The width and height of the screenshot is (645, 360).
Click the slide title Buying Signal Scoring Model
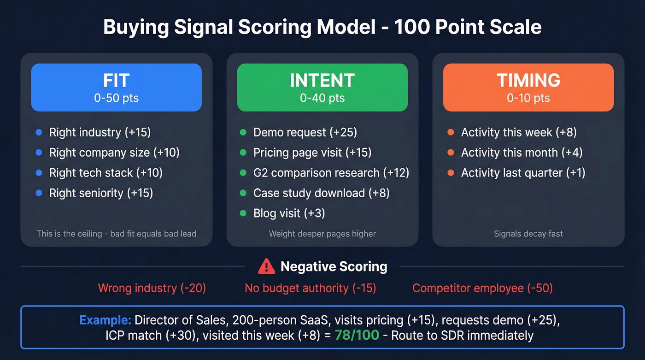point(322,27)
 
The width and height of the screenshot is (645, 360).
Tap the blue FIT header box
point(116,88)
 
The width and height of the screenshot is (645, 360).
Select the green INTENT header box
point(322,88)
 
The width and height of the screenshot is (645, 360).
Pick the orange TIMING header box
point(528,88)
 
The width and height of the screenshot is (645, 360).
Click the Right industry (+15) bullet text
point(100,132)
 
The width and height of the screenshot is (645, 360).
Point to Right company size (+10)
point(114,153)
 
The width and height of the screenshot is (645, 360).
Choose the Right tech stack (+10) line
point(106,173)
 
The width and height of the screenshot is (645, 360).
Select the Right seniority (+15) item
point(101,193)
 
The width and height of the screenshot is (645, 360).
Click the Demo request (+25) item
point(305,132)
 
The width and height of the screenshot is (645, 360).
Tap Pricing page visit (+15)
point(312,153)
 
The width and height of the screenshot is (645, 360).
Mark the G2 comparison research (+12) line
point(331,173)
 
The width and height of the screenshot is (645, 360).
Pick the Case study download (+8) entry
point(321,193)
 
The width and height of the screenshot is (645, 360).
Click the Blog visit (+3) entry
point(289,213)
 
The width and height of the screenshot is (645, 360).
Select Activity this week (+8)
point(519,132)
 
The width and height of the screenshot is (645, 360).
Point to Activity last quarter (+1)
point(523,173)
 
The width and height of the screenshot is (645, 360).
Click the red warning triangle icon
point(266,266)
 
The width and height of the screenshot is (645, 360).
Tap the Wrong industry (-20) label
point(152,289)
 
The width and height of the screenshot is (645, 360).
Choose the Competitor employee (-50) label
point(482,289)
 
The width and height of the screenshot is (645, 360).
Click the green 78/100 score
point(357,335)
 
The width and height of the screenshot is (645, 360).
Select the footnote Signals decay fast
point(528,234)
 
